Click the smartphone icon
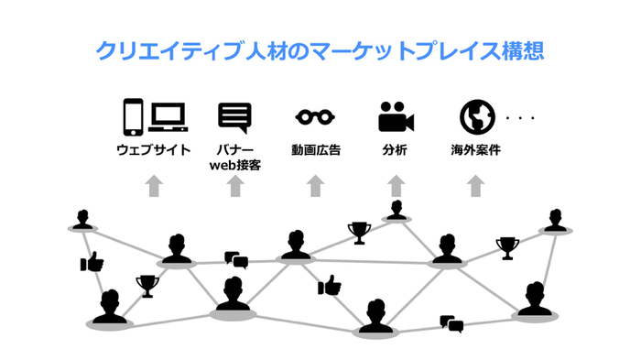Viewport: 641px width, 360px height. [x=133, y=117]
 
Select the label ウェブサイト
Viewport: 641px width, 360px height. [x=153, y=149]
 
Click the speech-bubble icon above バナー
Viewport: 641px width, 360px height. [x=234, y=117]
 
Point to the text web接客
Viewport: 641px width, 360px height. [x=234, y=166]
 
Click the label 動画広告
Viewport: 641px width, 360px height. [x=315, y=149]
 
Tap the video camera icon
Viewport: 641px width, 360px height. [x=396, y=117]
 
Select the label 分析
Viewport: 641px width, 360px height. [x=396, y=149]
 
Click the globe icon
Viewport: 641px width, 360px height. [x=475, y=117]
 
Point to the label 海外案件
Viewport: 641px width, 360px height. [x=475, y=149]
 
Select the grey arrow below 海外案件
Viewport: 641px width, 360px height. [x=475, y=186]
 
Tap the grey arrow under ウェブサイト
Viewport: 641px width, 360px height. [x=153, y=186]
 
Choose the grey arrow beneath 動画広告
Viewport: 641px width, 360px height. [x=315, y=186]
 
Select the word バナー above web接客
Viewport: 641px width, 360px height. [x=234, y=149]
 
